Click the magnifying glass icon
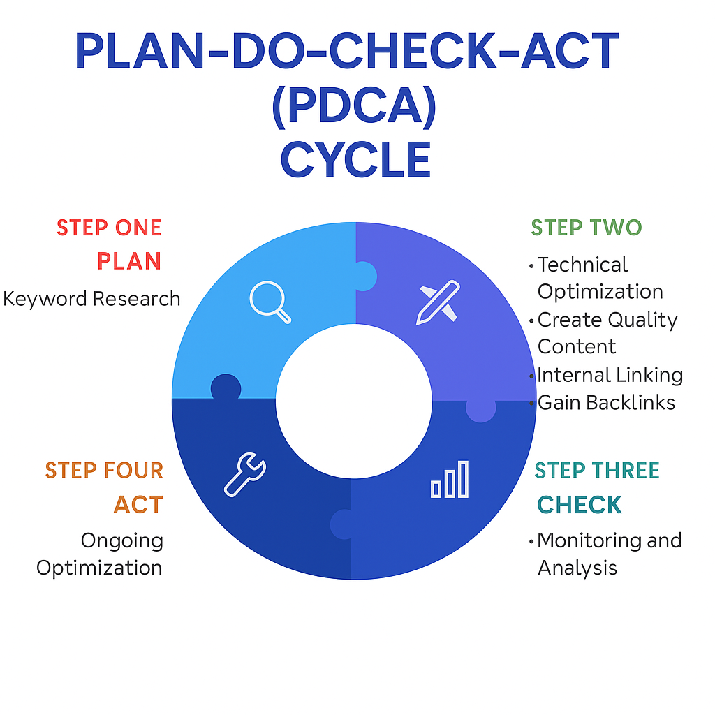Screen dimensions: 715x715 [x=270, y=302]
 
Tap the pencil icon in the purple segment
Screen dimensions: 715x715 [x=438, y=302]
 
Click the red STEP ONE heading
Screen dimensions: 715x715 [x=109, y=228]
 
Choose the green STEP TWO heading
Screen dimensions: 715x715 [x=587, y=228]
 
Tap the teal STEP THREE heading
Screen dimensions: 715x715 [x=597, y=471]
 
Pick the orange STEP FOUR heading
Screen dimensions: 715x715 [x=104, y=471]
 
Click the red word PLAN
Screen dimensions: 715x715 [x=129, y=261]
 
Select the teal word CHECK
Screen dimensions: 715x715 [x=580, y=504]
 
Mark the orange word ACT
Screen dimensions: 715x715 [x=138, y=504]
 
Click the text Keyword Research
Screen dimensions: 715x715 [x=91, y=299]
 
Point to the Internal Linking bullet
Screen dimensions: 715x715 [x=609, y=375]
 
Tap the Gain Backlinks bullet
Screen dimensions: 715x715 [x=605, y=402]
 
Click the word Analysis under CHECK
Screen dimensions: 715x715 [x=577, y=568]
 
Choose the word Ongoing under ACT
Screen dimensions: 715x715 [x=121, y=540]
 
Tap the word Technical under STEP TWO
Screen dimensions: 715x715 [x=582, y=265]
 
